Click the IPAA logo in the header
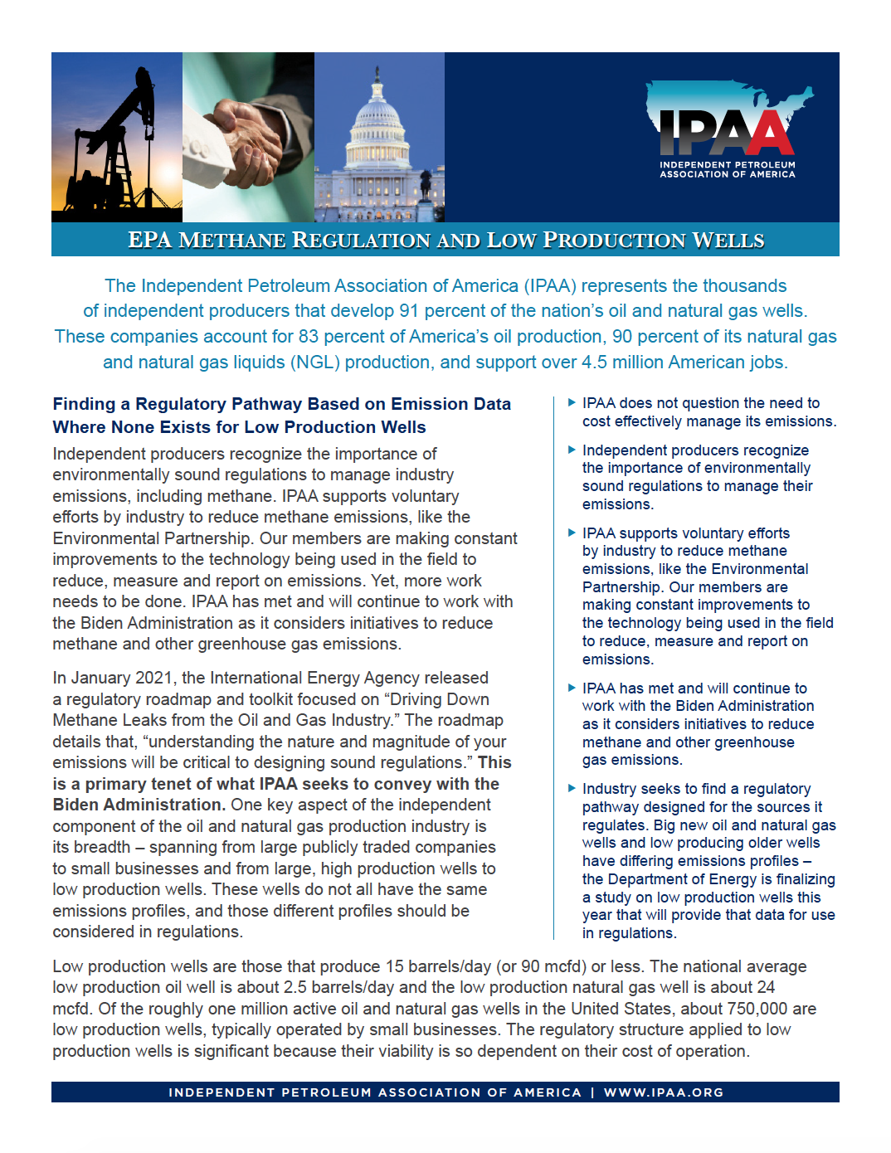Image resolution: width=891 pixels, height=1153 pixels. (x=727, y=124)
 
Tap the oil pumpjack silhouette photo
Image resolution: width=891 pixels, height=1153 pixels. (x=116, y=137)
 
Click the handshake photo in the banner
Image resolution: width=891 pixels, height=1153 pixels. (x=248, y=137)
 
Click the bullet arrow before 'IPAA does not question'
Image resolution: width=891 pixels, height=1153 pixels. (x=572, y=402)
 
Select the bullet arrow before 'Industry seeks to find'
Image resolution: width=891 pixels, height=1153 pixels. (x=572, y=788)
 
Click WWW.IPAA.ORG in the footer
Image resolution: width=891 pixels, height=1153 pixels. (x=664, y=1092)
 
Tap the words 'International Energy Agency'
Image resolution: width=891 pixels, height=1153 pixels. (x=349, y=678)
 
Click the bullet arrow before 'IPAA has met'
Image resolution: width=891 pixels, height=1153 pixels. (x=572, y=688)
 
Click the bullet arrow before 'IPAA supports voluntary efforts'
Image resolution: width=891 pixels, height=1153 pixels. (x=572, y=533)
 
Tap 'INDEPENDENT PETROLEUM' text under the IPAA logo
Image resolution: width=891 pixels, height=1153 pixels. (x=727, y=165)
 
